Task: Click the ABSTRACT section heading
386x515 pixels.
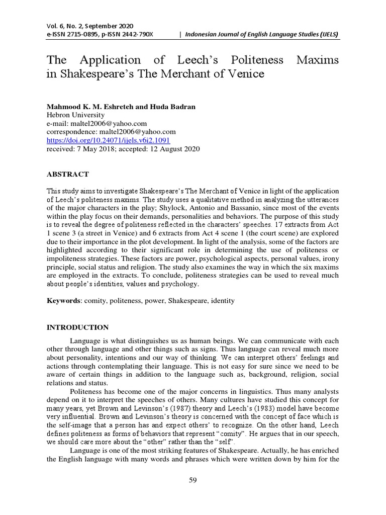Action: coord(67,174)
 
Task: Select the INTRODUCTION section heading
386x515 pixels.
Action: coord(77,327)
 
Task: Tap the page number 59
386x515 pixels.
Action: coord(192,481)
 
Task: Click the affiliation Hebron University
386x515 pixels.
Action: coord(75,115)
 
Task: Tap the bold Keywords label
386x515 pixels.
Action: coord(63,301)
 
